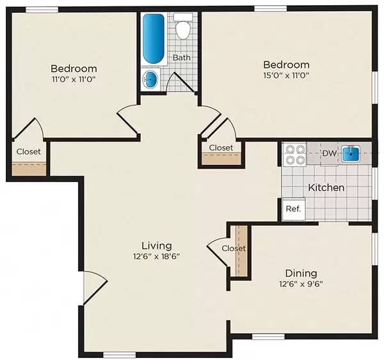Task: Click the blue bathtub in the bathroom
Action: click(x=154, y=38)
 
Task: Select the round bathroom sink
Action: click(x=150, y=79)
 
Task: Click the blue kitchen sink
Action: click(x=351, y=153)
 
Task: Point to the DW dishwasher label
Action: click(x=329, y=153)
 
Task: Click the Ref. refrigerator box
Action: click(x=292, y=209)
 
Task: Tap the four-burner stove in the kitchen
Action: click(x=294, y=154)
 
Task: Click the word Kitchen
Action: click(x=326, y=188)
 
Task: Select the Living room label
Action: click(x=156, y=245)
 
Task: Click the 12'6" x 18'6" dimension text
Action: click(x=156, y=256)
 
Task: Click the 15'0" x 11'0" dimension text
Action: click(x=286, y=76)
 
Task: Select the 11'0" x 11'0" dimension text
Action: click(x=74, y=79)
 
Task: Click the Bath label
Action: click(x=181, y=58)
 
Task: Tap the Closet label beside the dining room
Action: click(x=234, y=248)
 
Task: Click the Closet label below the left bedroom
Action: click(x=29, y=152)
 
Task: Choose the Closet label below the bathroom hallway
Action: click(x=221, y=147)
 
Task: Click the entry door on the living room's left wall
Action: click(x=94, y=287)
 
